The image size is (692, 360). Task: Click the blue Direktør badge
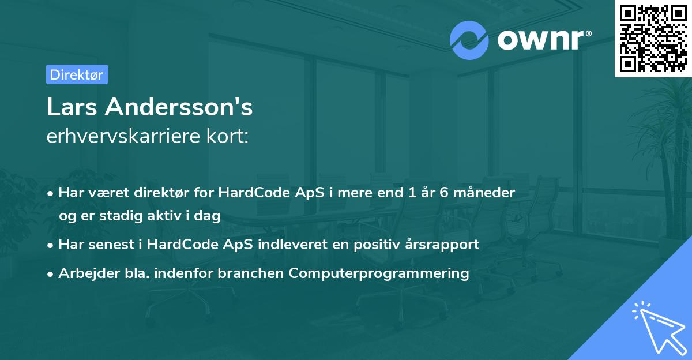[x=77, y=74]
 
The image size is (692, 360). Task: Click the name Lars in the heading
[x=72, y=107]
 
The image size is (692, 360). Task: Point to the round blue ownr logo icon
[x=469, y=40]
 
